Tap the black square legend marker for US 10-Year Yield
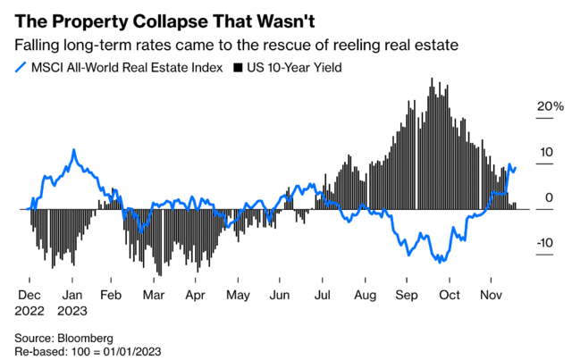pyautogui.click(x=237, y=67)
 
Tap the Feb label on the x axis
pyautogui.click(x=110, y=293)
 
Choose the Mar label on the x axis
pyautogui.click(x=154, y=293)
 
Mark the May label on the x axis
pyautogui.click(x=237, y=293)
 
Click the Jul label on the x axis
pyautogui.click(x=323, y=293)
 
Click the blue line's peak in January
pyautogui.click(x=74, y=150)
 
